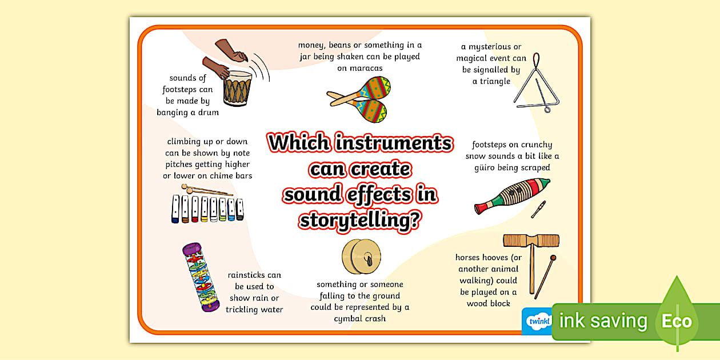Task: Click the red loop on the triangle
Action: click(x=535, y=59)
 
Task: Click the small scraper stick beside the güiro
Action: click(x=538, y=209)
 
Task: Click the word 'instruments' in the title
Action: click(x=394, y=142)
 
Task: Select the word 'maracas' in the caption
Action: click(x=359, y=68)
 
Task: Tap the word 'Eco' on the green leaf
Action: click(x=677, y=321)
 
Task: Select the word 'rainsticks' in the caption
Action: click(x=254, y=275)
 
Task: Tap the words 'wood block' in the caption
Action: click(x=488, y=303)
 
